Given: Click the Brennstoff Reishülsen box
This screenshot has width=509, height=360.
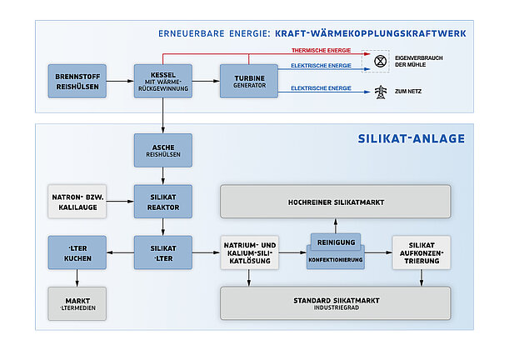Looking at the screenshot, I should tap(77, 81).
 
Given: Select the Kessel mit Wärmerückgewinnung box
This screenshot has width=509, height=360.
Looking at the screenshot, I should tap(162, 81).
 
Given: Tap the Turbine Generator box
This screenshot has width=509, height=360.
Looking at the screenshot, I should tap(248, 81).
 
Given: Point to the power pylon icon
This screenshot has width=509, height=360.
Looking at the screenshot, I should tap(380, 90).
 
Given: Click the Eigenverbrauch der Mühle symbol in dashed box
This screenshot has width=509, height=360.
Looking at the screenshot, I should tap(379, 61).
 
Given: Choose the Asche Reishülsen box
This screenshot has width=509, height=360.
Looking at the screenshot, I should tap(162, 151).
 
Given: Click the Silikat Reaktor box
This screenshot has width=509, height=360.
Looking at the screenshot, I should tap(162, 201).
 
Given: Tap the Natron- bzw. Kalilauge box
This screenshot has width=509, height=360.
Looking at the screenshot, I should tap(77, 201).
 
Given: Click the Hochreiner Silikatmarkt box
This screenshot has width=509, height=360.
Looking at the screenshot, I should tap(335, 202).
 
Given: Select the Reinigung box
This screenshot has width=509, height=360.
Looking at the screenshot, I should tap(334, 242).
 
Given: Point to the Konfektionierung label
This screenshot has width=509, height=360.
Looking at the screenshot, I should tap(334, 258).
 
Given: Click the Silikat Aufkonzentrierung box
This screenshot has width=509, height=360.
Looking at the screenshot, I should tap(421, 252).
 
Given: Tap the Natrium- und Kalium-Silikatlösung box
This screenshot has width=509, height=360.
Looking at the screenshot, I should tap(248, 252).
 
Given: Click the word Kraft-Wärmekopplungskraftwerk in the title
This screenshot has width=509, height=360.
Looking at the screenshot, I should tap(372, 34).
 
